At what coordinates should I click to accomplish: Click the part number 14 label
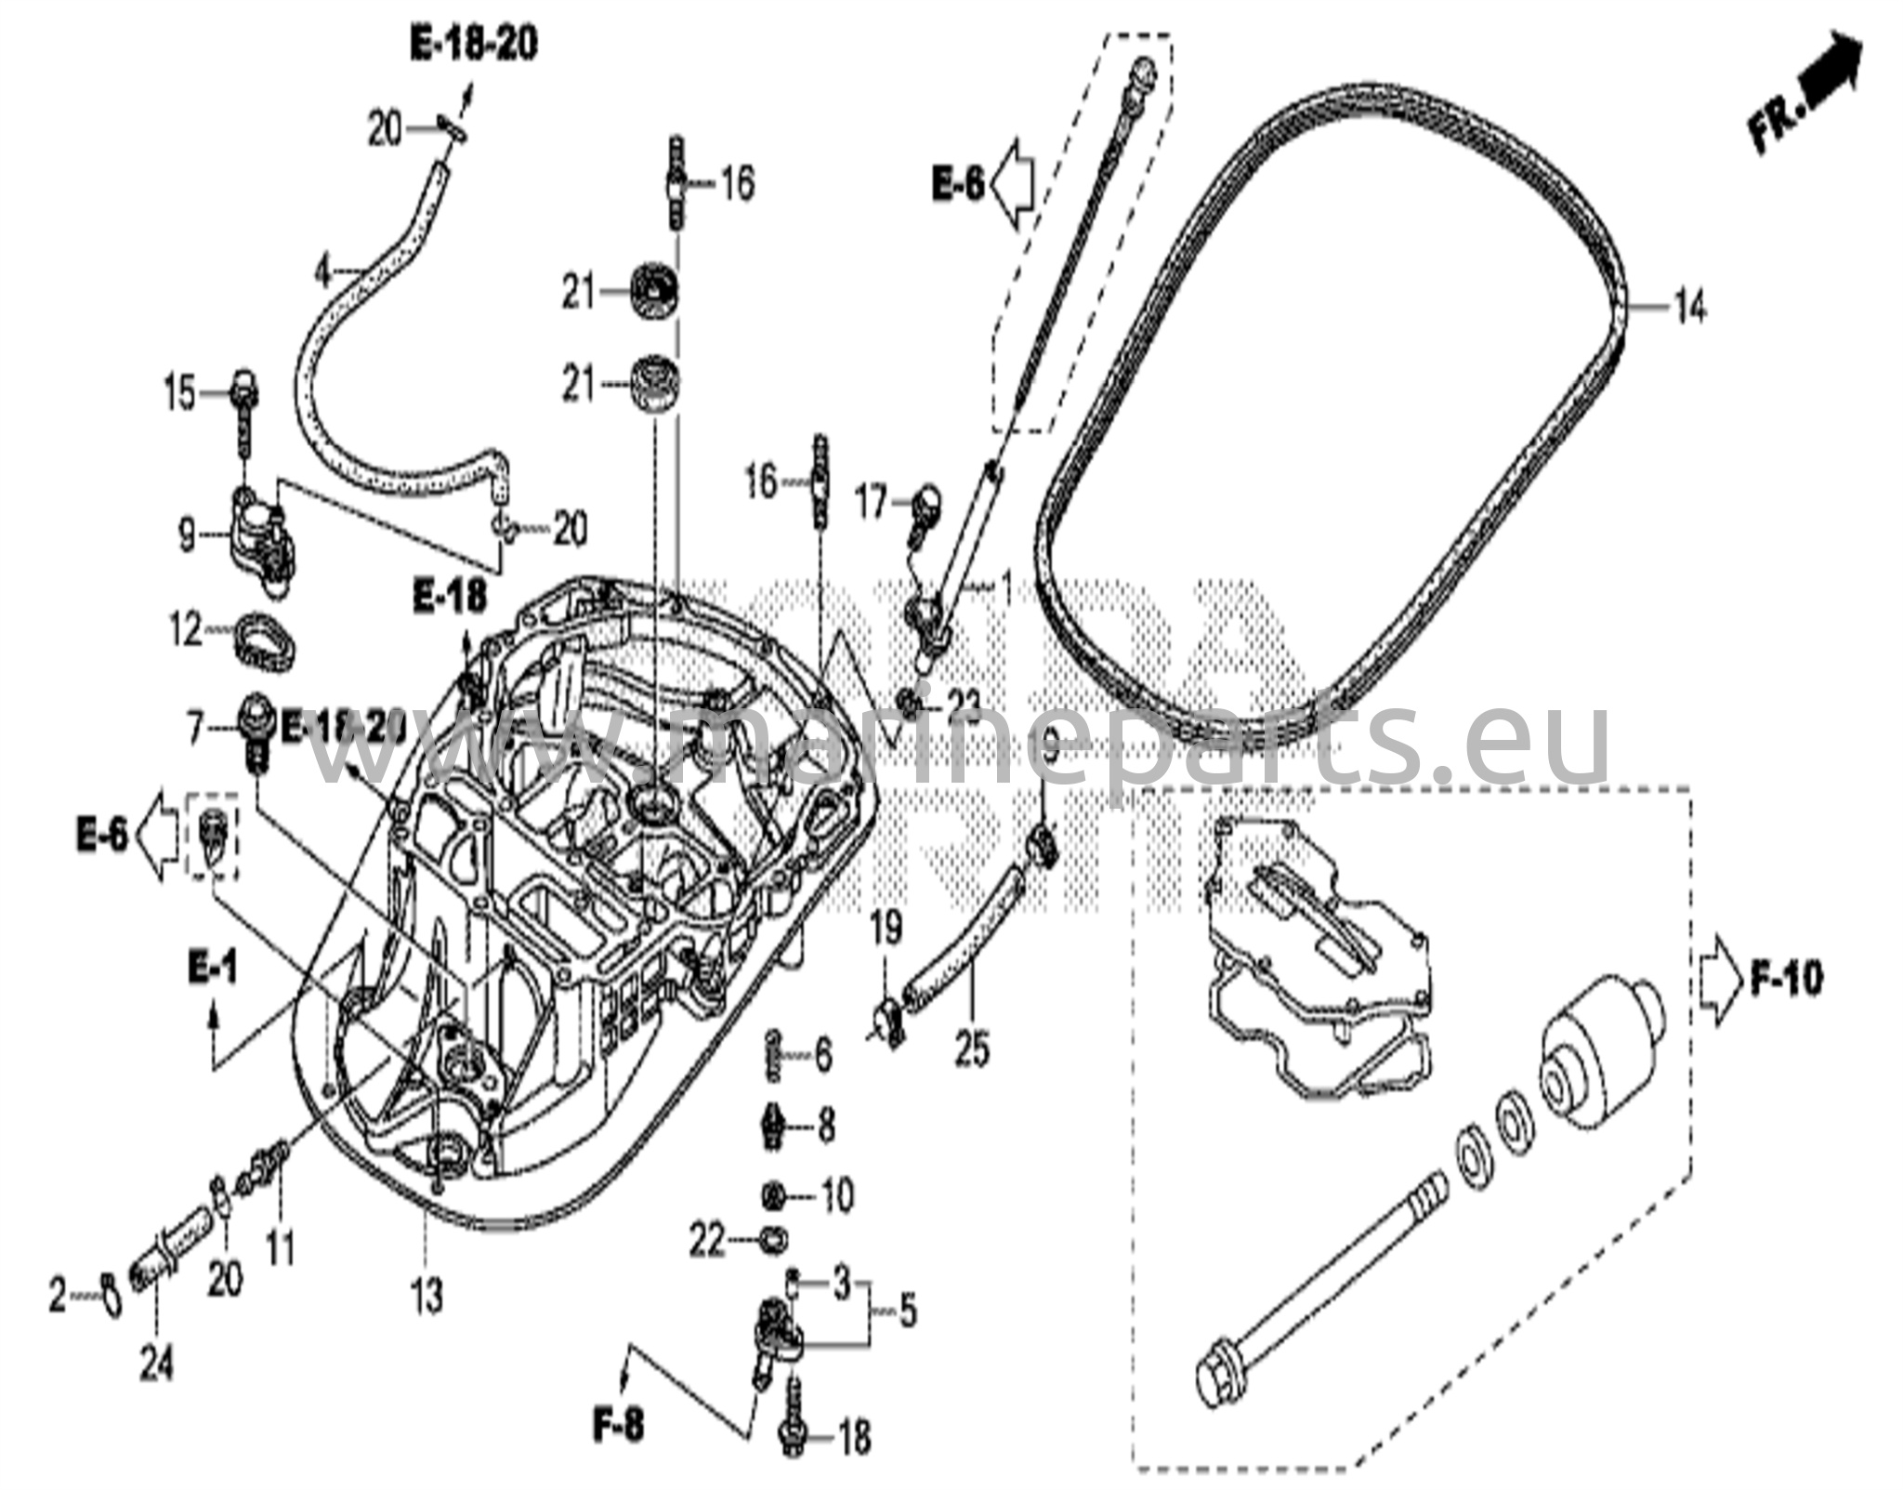coord(1690,306)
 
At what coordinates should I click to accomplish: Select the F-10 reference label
coord(1785,980)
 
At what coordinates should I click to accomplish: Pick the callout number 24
coord(156,1365)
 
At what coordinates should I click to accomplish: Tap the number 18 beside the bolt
coord(854,1438)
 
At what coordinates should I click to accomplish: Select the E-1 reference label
coord(213,970)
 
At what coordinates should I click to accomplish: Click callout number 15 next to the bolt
coord(180,393)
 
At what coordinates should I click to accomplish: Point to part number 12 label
coord(187,631)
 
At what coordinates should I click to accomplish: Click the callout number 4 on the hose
coord(322,273)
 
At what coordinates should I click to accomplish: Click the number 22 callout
coord(707,1240)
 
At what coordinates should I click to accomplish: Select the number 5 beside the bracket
coord(907,1312)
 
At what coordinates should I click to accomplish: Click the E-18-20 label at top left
coord(474,44)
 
